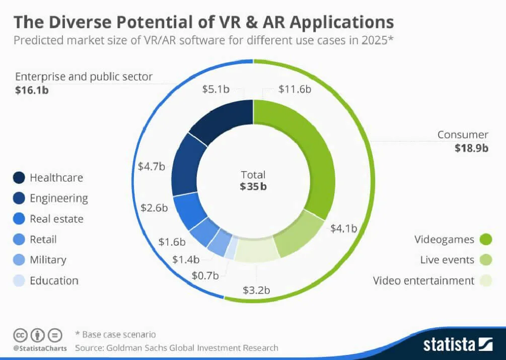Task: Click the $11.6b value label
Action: click(295, 89)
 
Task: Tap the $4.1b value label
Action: click(343, 228)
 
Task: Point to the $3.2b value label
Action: click(257, 290)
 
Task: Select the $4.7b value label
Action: click(152, 166)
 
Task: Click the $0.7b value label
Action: click(205, 275)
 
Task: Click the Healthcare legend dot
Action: click(19, 178)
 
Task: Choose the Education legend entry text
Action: click(54, 280)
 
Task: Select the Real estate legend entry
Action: click(56, 219)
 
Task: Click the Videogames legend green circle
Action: click(485, 239)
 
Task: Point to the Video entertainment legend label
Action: click(423, 280)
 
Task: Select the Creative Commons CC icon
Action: click(20, 334)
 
